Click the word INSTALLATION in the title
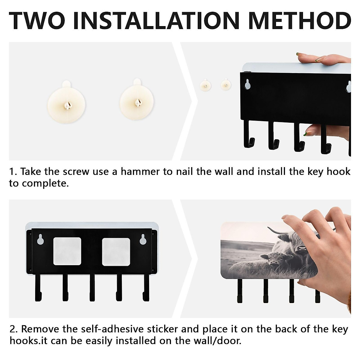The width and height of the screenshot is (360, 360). pos(156,21)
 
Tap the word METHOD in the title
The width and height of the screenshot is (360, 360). pos(299,21)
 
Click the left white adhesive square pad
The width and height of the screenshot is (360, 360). pos(67,251)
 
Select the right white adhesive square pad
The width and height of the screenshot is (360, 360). pos(116,252)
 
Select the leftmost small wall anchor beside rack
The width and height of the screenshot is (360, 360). pos(205,85)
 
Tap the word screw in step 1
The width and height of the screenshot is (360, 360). pos(76,172)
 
